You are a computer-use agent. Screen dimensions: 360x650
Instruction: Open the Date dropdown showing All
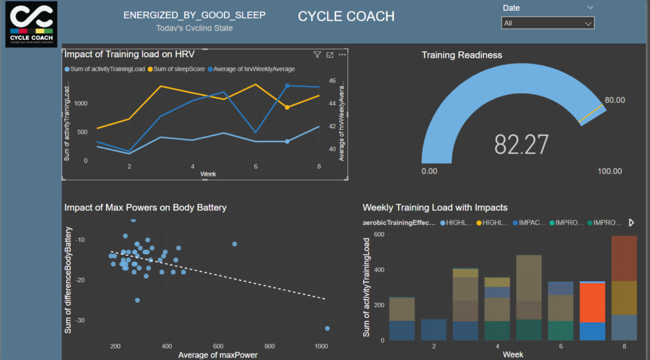pyautogui.click(x=547, y=23)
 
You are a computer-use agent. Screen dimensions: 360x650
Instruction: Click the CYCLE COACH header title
pyautogui.click(x=346, y=17)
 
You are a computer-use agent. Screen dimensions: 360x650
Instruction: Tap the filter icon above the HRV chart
pyautogui.click(x=317, y=55)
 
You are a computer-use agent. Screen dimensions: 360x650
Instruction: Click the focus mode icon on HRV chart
pyautogui.click(x=329, y=55)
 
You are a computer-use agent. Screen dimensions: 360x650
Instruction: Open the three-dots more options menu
pyautogui.click(x=342, y=55)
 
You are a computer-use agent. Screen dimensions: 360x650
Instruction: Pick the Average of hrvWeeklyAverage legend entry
pyautogui.click(x=254, y=69)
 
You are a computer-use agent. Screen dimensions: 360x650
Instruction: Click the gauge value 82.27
pyautogui.click(x=521, y=145)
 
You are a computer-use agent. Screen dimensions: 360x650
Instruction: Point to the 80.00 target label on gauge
pyautogui.click(x=614, y=100)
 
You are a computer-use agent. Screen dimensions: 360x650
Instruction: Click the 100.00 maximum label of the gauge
pyautogui.click(x=609, y=171)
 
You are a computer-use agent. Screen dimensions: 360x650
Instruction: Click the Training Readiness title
pyautogui.click(x=461, y=55)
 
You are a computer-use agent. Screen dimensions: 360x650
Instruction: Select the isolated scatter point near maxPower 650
pyautogui.click(x=234, y=244)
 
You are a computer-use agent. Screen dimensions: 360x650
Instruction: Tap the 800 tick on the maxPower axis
pyautogui.click(x=269, y=346)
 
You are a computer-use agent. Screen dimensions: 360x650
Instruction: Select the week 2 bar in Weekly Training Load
pyautogui.click(x=434, y=330)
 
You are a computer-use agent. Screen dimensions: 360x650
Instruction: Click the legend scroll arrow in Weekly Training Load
pyautogui.click(x=631, y=223)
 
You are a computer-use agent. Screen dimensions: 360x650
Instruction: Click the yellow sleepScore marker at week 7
pyautogui.click(x=287, y=107)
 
